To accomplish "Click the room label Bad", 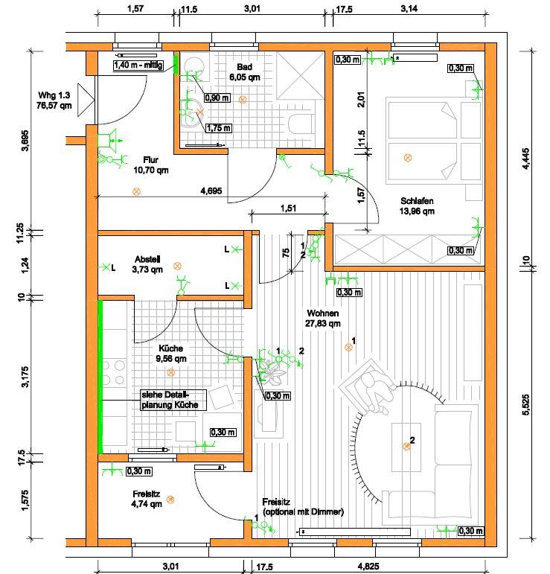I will pos(243,66).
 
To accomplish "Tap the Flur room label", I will pos(150,159).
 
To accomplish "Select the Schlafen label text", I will pos(417,201).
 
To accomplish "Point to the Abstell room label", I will pos(147,259).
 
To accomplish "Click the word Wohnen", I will pos(322,313).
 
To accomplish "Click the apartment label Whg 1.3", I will pos(54,95).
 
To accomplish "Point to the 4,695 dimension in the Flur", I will pos(211,191).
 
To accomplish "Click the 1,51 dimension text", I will pos(288,208).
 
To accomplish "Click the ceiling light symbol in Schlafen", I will pos(407,157).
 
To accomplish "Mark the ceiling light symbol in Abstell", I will pos(177,266).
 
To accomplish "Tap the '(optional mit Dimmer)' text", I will pos(303,513).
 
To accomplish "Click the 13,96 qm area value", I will pos(417,211).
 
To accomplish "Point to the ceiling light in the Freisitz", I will pos(170,500).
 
